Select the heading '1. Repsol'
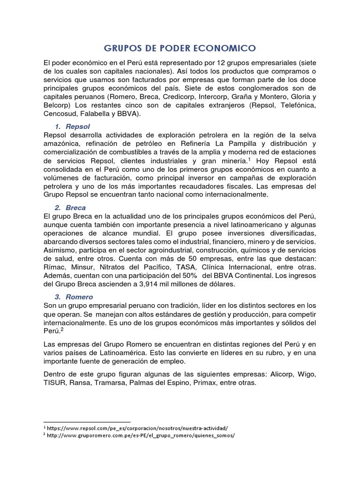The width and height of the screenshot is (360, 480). pos(72,127)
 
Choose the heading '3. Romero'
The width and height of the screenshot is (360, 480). pos(74,297)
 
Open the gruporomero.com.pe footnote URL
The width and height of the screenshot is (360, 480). pos(141,435)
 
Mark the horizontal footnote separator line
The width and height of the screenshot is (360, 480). pos(86,422)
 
